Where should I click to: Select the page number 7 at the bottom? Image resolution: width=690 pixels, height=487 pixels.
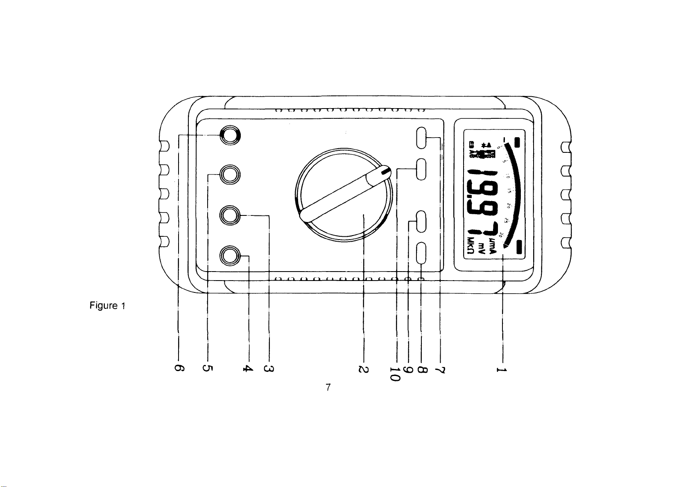[x=328, y=387]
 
